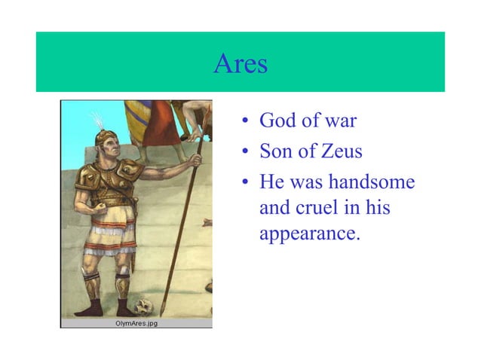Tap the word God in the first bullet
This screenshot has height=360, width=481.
277,121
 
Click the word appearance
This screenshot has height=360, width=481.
309,233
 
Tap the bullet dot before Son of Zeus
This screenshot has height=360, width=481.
245,153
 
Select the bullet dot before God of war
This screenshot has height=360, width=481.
245,122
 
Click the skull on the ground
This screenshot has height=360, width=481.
144,307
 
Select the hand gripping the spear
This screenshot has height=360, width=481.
195,160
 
